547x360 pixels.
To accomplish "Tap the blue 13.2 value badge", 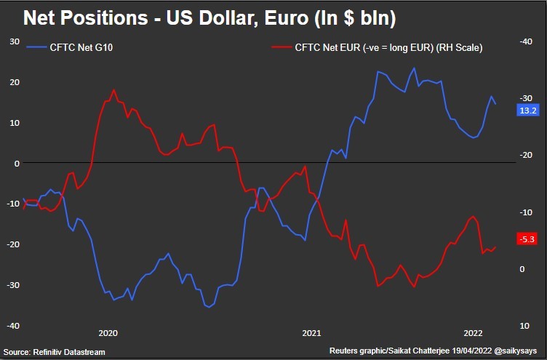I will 527,110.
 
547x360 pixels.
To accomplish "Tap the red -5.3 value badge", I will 527,239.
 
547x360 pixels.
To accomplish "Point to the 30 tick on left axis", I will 12,41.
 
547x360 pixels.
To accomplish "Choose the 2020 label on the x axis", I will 107,333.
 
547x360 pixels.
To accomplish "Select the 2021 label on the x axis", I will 311,333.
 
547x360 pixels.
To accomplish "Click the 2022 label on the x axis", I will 472,333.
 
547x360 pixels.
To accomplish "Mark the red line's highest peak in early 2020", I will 114,90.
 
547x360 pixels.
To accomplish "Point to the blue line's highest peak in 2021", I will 414,68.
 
